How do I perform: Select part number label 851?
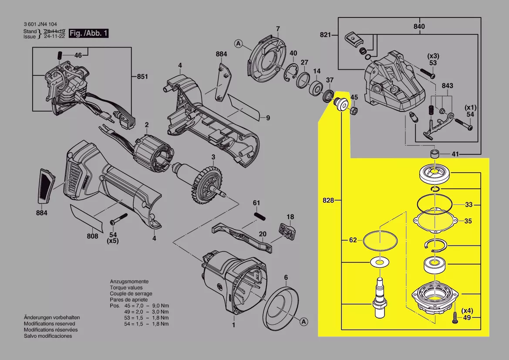point(142,77)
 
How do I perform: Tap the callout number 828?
point(329,200)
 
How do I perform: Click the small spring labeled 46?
point(61,55)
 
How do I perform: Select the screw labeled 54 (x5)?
point(119,218)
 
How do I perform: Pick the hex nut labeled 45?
point(354,110)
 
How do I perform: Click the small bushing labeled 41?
point(434,154)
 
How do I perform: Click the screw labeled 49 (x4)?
point(454,317)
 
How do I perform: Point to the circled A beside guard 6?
point(303,322)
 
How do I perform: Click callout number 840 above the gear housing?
point(419,27)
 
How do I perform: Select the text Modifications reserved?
point(49,324)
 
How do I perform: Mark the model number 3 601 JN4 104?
point(40,24)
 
